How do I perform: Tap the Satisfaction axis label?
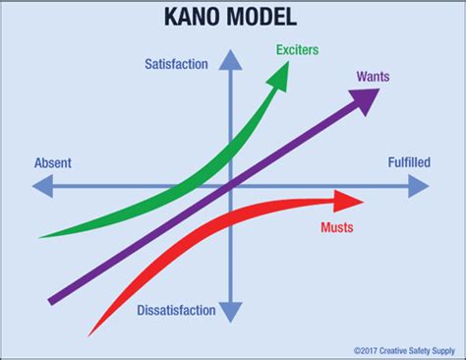[176, 65]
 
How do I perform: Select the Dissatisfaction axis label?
[176, 311]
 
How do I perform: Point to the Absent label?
[52, 162]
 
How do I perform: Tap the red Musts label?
[336, 228]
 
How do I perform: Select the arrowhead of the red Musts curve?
[350, 203]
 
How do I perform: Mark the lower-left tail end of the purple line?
[52, 296]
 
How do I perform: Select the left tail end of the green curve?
[41, 236]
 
